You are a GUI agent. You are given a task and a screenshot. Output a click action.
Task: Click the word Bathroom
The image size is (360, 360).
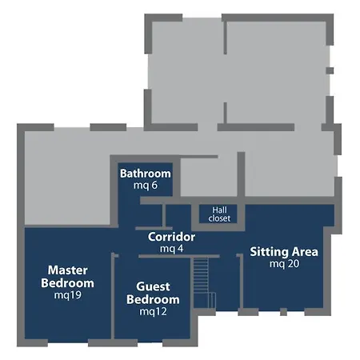146,174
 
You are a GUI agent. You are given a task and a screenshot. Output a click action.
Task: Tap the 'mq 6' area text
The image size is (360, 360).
146,185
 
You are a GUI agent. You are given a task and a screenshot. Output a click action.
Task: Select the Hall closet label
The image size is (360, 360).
219,214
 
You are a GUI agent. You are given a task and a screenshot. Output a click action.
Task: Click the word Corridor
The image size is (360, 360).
171,237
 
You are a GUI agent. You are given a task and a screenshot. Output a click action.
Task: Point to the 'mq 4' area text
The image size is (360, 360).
172,249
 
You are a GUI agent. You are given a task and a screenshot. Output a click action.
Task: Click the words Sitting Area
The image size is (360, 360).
284,252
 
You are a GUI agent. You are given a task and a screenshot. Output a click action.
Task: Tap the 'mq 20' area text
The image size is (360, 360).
284,264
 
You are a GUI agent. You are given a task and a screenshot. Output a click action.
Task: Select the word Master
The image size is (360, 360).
68,270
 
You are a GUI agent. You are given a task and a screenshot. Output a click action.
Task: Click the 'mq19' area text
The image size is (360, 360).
68,295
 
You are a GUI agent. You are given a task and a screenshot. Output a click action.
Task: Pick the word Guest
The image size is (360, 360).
153,286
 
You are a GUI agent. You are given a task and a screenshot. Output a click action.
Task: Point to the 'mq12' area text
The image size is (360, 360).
153,311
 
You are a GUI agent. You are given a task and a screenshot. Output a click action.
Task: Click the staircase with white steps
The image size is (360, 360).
204,282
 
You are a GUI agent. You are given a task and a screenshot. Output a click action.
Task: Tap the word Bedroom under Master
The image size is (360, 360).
67,283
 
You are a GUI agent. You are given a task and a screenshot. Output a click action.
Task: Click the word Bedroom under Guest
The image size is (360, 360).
153,299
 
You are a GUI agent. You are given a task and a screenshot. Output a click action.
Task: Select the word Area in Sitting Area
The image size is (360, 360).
305,252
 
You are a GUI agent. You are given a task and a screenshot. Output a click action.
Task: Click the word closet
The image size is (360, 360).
219,218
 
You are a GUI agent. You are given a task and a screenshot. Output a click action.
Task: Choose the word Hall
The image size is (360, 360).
219,210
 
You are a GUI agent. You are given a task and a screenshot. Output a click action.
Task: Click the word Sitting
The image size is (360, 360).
269,252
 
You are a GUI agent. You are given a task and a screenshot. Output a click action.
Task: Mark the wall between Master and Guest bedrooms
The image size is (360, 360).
113,296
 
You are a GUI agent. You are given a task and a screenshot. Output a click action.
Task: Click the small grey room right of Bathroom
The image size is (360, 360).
209,178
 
